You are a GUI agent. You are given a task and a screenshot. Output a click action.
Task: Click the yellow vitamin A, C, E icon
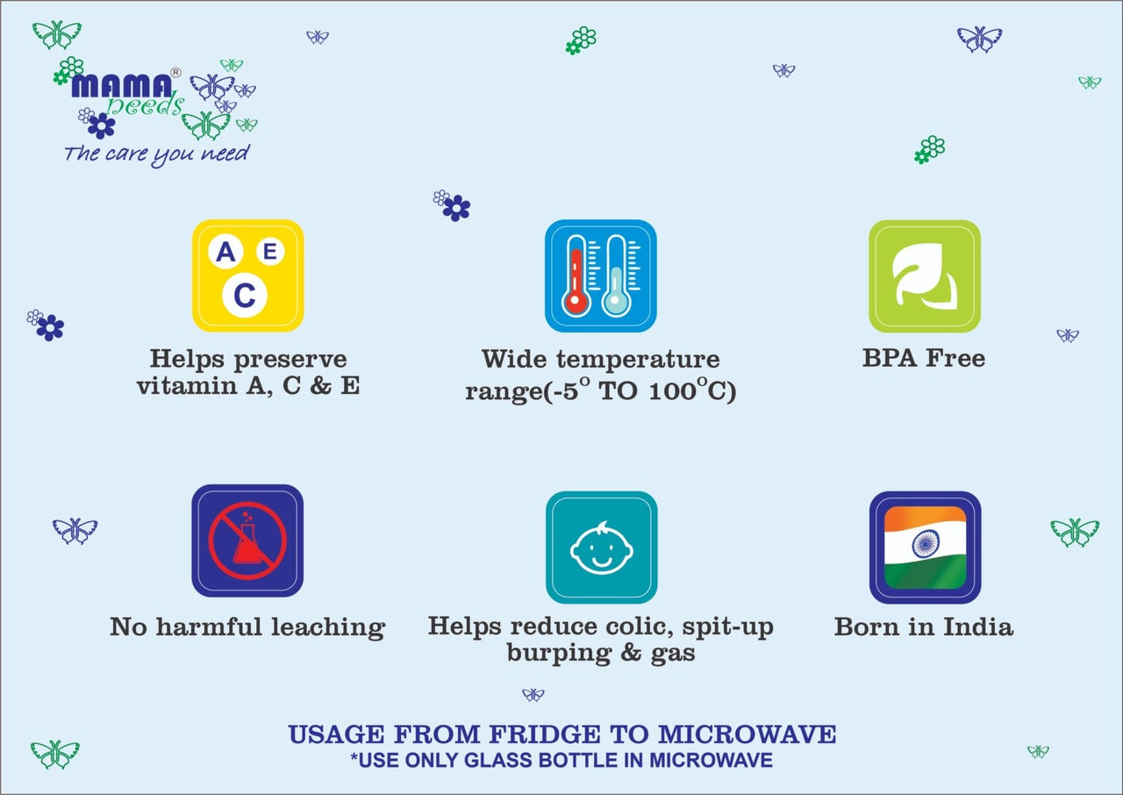click(247, 276)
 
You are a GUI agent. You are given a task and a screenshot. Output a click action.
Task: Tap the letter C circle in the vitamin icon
click(245, 295)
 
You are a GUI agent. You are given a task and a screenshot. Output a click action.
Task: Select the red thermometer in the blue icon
click(576, 276)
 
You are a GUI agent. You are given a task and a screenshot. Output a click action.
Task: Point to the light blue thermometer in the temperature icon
click(616, 276)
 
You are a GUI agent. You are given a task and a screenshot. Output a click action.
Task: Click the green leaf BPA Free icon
click(925, 276)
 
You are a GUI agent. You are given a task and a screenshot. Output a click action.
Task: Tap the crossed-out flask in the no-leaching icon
click(247, 541)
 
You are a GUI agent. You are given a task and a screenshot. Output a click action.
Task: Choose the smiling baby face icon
click(602, 548)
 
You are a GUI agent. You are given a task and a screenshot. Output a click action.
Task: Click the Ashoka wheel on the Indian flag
click(926, 544)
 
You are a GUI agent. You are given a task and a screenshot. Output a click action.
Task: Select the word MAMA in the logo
click(122, 86)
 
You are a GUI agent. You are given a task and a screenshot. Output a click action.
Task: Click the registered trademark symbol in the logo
click(175, 73)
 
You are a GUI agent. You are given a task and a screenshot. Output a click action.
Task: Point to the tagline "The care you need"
click(156, 154)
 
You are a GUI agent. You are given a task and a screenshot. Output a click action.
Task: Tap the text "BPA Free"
click(924, 358)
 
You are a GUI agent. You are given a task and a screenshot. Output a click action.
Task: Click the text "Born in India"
click(924, 627)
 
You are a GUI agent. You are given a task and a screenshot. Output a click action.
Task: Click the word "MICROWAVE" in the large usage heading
click(747, 734)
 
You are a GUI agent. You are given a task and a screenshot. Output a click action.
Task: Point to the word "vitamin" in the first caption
click(187, 385)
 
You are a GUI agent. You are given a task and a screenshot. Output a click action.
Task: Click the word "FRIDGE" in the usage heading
click(545, 734)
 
